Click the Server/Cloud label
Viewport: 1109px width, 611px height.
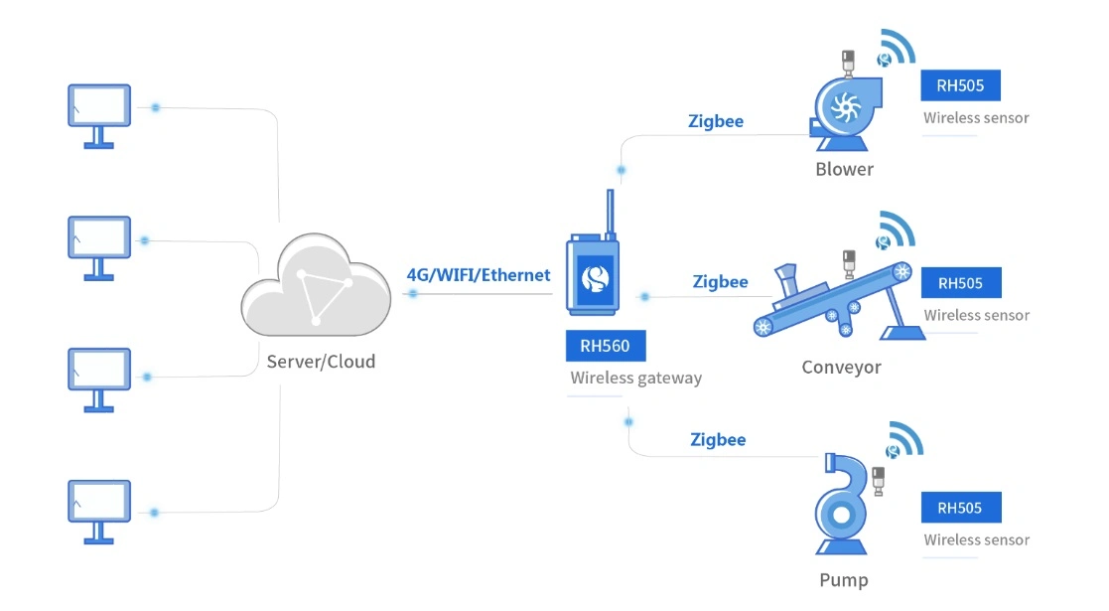click(x=321, y=362)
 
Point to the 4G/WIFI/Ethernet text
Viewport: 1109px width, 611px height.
click(x=479, y=275)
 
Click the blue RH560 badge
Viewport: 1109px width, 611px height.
click(x=605, y=346)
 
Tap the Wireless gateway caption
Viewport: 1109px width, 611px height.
click(x=635, y=378)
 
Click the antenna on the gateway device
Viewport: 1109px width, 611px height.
click(x=608, y=214)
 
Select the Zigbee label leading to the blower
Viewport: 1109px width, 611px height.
click(x=716, y=121)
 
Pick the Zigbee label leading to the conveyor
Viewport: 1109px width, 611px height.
click(x=720, y=282)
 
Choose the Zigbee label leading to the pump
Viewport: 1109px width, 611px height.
click(x=718, y=439)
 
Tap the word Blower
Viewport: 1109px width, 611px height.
click(x=844, y=169)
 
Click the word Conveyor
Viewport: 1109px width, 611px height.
click(x=841, y=368)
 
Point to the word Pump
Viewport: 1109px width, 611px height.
click(x=843, y=580)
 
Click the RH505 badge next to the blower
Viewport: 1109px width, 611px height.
click(x=960, y=85)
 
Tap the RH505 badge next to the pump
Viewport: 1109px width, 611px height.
click(x=960, y=508)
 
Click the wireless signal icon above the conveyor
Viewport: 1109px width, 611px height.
click(x=896, y=230)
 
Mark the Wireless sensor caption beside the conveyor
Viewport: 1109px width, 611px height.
click(x=976, y=315)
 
